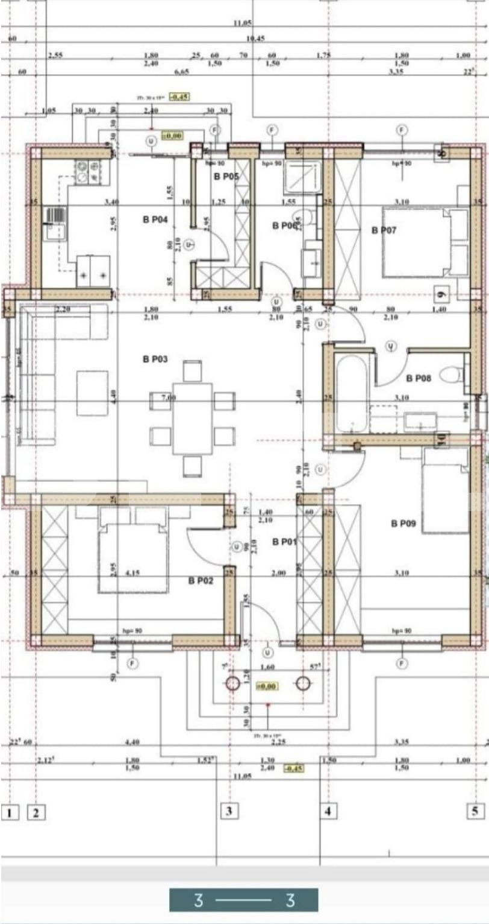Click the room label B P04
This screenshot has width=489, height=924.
(x=155, y=220)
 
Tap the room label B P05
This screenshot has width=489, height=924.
(x=226, y=177)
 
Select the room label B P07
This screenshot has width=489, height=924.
(x=384, y=230)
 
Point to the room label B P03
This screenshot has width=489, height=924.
(x=155, y=359)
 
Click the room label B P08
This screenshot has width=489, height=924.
(x=419, y=378)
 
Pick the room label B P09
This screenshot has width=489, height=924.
(x=403, y=524)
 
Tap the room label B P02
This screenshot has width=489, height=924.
(x=201, y=581)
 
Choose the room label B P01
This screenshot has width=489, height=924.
(x=284, y=542)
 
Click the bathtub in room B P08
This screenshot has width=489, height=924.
(x=351, y=393)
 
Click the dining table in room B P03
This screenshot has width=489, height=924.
(x=192, y=418)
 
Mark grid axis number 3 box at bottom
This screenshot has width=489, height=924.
(x=228, y=811)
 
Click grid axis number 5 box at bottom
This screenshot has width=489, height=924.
(x=475, y=811)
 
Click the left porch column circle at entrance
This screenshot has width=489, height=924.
(x=232, y=683)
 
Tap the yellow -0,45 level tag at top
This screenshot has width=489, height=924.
(x=179, y=97)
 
